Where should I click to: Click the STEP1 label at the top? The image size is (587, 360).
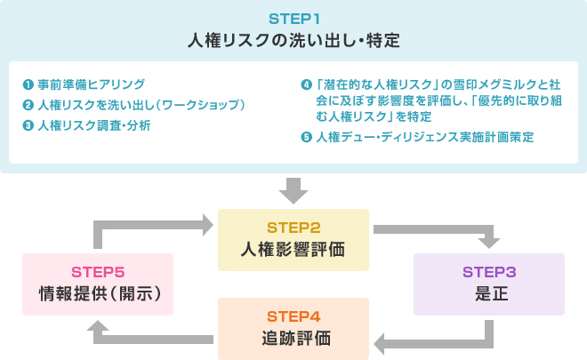point(293,18)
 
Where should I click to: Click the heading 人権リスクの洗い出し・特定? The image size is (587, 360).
point(293,41)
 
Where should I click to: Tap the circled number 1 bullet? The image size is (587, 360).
point(28,85)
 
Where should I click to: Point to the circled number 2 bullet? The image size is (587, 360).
point(28,106)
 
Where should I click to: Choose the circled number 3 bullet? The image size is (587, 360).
point(28,125)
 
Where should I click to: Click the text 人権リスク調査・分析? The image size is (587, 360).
point(94,125)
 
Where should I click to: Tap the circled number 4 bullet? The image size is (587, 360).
point(307,85)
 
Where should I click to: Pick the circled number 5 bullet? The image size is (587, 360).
point(307,137)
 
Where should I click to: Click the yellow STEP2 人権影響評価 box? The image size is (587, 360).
point(293,239)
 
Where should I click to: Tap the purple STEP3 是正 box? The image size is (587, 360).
point(488,284)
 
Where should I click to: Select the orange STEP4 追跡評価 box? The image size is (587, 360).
point(293,328)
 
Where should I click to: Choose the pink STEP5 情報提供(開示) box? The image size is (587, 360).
point(97,284)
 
